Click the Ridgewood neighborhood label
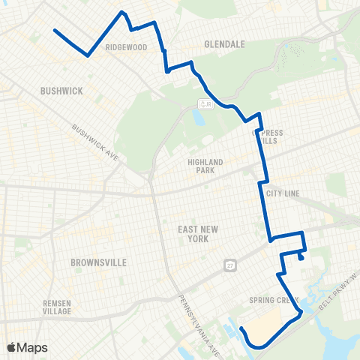pyautogui.click(x=125, y=46)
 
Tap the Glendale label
pyautogui.click(x=225, y=44)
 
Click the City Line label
pyautogui.click(x=283, y=193)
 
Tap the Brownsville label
pyautogui.click(x=97, y=262)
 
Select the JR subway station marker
pyautogui.click(x=204, y=103)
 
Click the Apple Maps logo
pyautogui.click(x=28, y=348)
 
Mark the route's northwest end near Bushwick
pyautogui.click(x=55, y=30)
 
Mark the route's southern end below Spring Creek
pyautogui.click(x=241, y=328)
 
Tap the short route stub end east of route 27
pyautogui.click(x=300, y=258)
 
